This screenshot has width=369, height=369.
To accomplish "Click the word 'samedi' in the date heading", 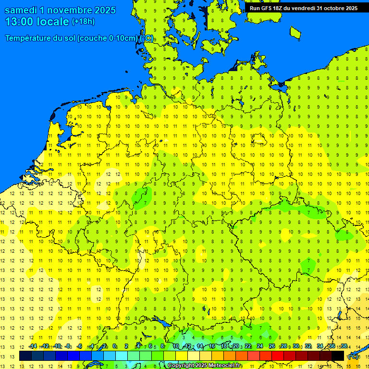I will point(21,10).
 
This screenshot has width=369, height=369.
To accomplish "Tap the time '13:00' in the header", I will point(19,22).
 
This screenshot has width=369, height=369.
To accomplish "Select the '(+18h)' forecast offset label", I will point(83,22).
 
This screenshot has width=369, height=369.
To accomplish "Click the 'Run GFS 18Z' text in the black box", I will point(266,8).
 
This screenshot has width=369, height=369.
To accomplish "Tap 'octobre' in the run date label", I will point(332,8).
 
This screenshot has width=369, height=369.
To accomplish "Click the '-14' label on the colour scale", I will point(32,346).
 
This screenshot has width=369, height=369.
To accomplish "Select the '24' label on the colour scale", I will point(260,346).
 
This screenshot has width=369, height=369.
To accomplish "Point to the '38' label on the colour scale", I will point(344,346).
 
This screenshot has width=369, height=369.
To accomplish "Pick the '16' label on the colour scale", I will point(212,346).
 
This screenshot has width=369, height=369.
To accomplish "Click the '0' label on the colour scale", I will point(114,346).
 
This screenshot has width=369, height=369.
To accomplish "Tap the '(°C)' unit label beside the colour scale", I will point(353,357).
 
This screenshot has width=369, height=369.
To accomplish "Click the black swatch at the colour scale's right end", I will point(338,356).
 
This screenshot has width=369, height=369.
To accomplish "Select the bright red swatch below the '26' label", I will point(278,356).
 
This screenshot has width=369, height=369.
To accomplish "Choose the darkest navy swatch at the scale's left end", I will point(25,356).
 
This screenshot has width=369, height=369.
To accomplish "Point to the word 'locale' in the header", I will point(53,22).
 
